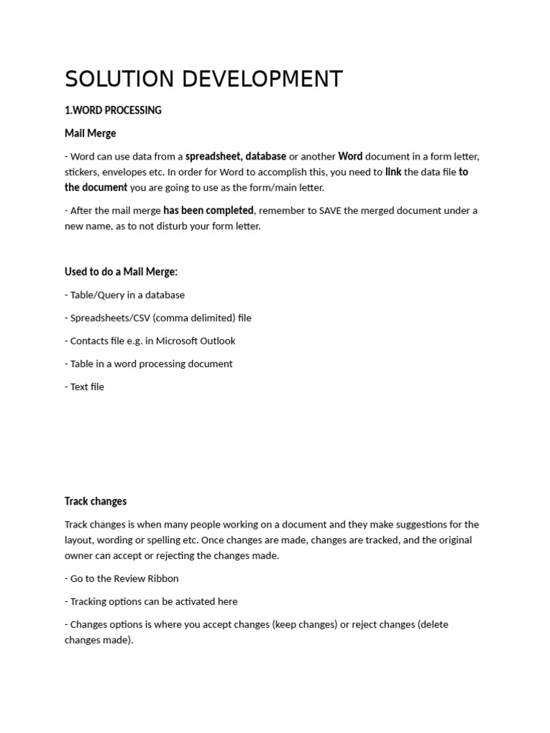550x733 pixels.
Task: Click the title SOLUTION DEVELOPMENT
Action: click(203, 79)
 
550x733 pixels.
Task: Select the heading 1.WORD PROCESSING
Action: click(113, 110)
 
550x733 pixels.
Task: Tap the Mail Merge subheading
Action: click(90, 133)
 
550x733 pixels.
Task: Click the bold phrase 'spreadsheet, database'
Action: click(236, 156)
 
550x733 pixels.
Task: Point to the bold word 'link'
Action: click(393, 172)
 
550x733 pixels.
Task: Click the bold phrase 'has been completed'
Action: click(208, 210)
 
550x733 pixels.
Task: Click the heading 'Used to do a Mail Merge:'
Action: click(121, 272)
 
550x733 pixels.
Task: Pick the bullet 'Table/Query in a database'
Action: click(127, 295)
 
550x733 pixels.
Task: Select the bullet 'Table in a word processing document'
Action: click(150, 364)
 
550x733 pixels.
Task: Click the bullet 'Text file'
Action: click(87, 387)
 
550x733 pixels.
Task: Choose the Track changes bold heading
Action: click(95, 501)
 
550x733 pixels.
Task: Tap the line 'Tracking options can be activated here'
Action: click(153, 601)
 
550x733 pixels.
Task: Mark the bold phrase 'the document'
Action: click(96, 188)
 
